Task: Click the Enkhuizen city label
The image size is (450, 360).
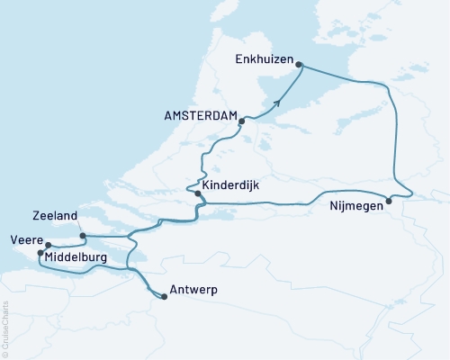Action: point(263,59)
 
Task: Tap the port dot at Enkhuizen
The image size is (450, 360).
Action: point(299,65)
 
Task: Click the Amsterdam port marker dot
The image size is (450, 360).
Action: point(242,121)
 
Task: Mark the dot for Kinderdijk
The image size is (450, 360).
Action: point(197,193)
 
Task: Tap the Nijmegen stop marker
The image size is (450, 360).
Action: point(389,201)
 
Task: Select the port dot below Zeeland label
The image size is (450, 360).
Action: point(82,237)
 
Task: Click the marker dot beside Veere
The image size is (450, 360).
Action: point(48,244)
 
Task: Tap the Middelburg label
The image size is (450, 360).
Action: point(76,258)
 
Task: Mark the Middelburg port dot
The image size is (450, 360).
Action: point(40,254)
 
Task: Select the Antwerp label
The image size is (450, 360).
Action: point(195,291)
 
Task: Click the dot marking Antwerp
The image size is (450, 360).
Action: point(163,296)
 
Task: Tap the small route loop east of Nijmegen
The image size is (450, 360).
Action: point(407,192)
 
